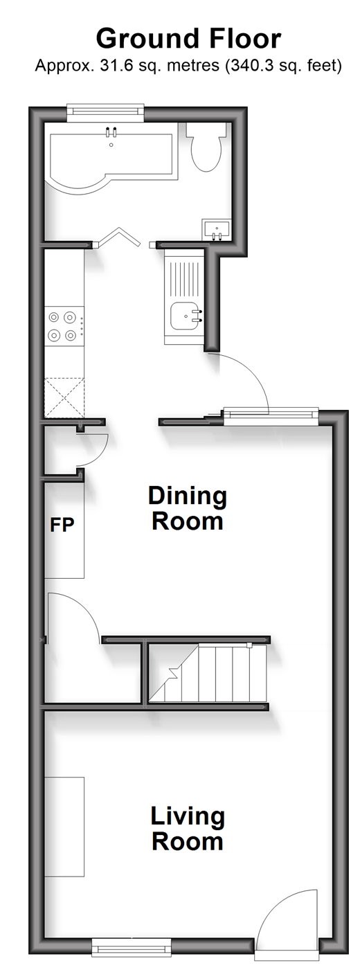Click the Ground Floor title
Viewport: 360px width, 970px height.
188,39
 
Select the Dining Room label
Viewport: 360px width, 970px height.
188,508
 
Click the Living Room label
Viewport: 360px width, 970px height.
188,829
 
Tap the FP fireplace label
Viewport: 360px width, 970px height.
62,524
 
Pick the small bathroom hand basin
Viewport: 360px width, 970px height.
217,228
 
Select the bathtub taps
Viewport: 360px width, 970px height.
111,132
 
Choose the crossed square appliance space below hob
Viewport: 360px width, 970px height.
64,397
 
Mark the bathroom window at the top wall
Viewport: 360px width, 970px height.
105,110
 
